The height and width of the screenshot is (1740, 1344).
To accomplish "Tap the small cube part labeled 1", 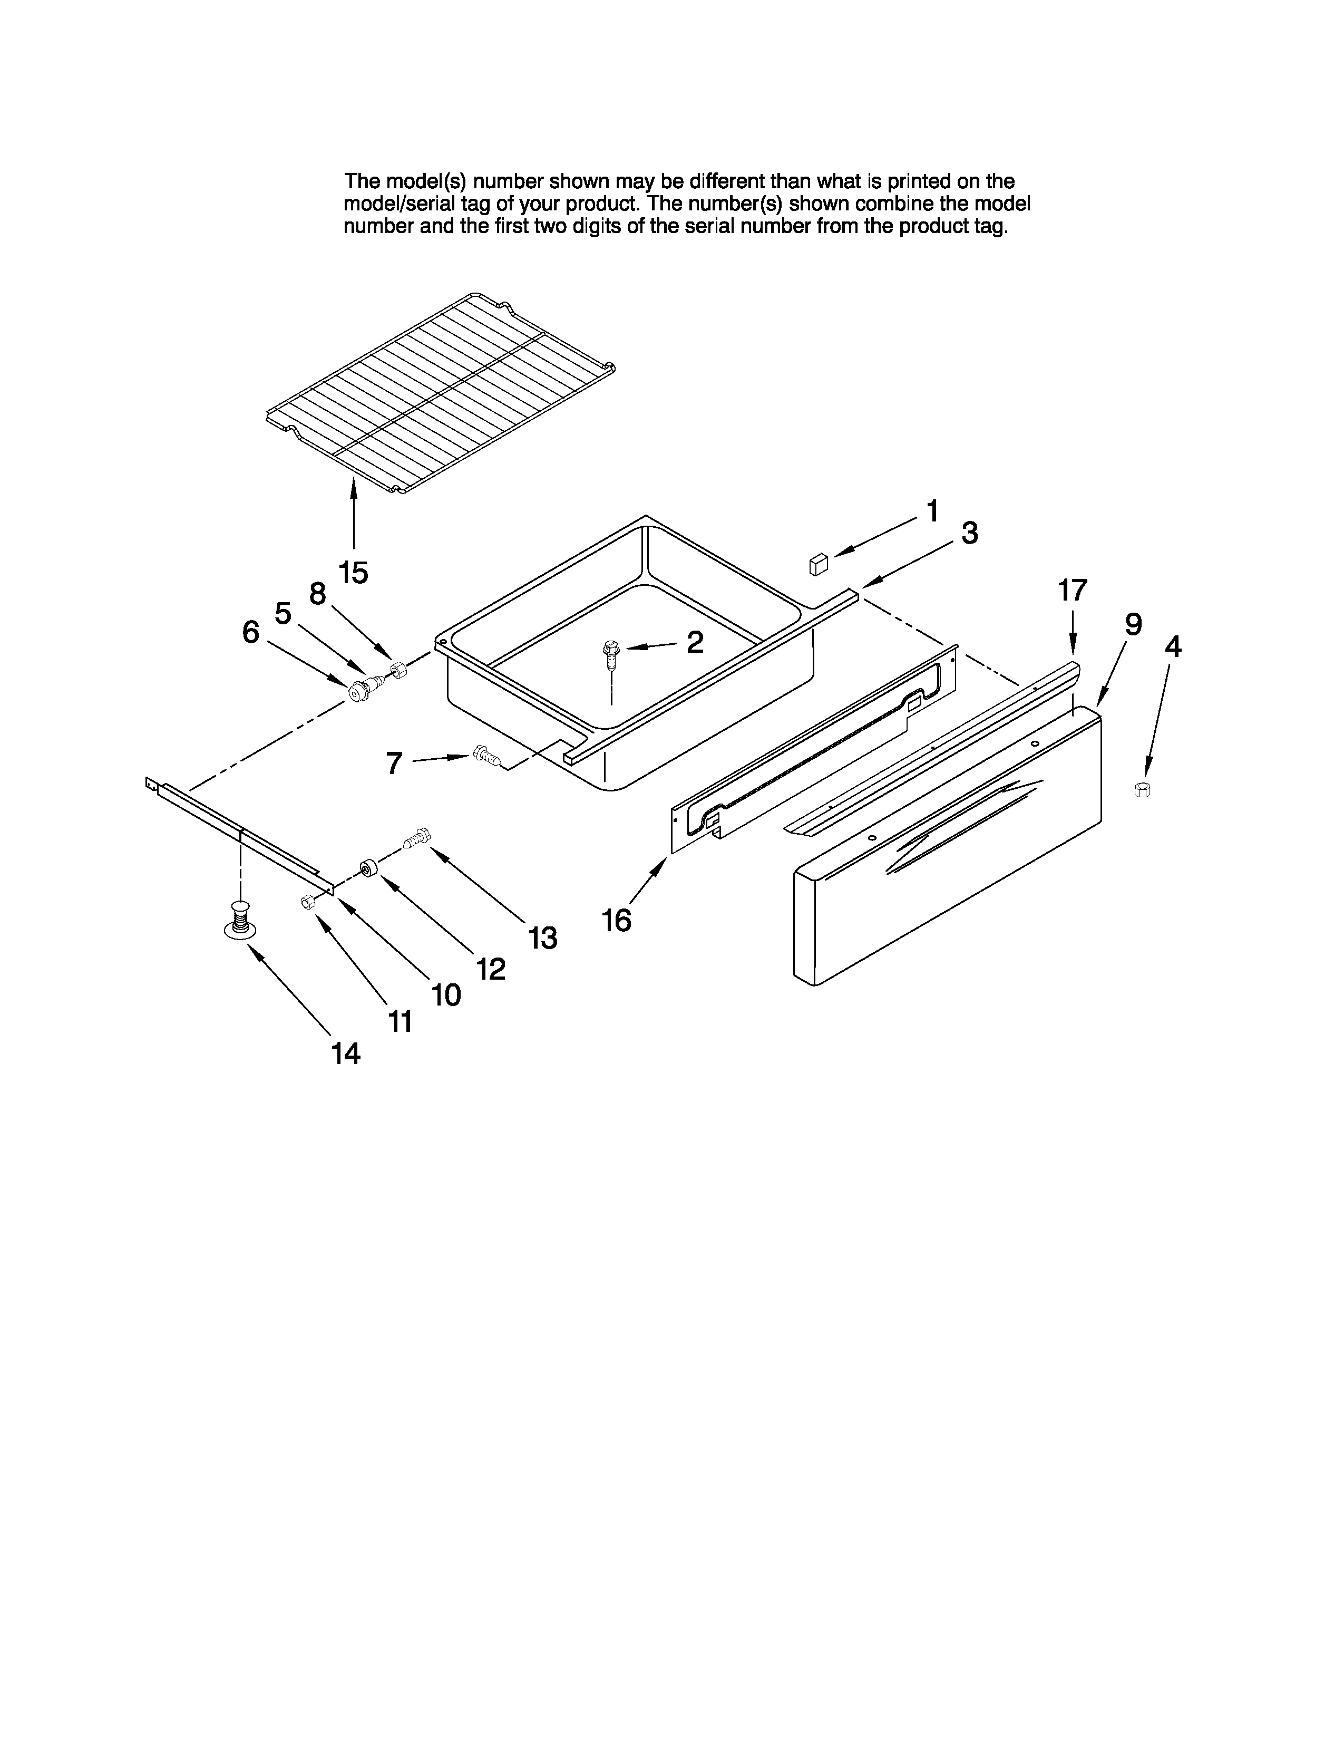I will [817, 564].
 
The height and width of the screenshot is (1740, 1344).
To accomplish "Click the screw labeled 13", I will [417, 838].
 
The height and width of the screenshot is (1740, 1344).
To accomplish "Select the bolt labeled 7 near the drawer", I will [486, 755].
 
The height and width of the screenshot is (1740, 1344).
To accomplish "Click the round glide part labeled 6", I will [358, 692].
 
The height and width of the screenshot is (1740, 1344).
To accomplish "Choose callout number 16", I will [616, 920].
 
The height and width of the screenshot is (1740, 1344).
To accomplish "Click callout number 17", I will [1072, 591].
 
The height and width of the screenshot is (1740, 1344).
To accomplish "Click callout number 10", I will [446, 994].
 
